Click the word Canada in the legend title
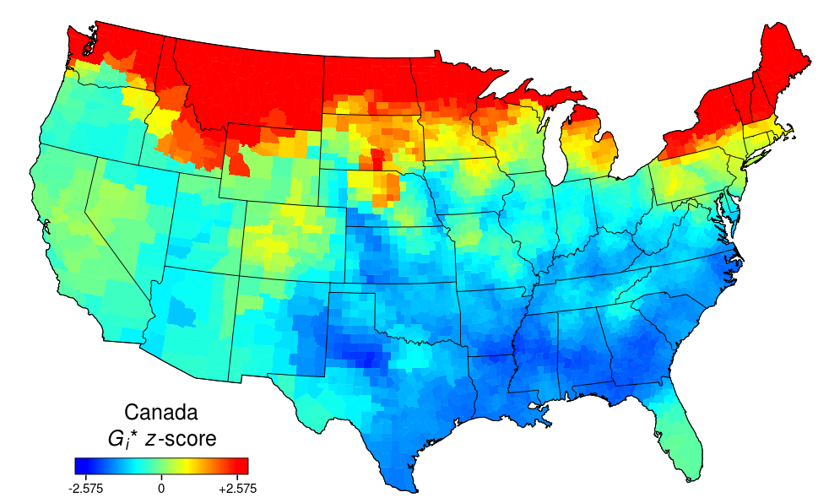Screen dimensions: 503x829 tap(161, 413)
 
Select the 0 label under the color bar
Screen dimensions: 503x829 tap(161, 488)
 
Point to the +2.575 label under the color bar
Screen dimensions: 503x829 tap(236, 488)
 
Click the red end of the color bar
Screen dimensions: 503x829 tap(241, 465)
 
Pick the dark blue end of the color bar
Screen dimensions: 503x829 tap(81, 465)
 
